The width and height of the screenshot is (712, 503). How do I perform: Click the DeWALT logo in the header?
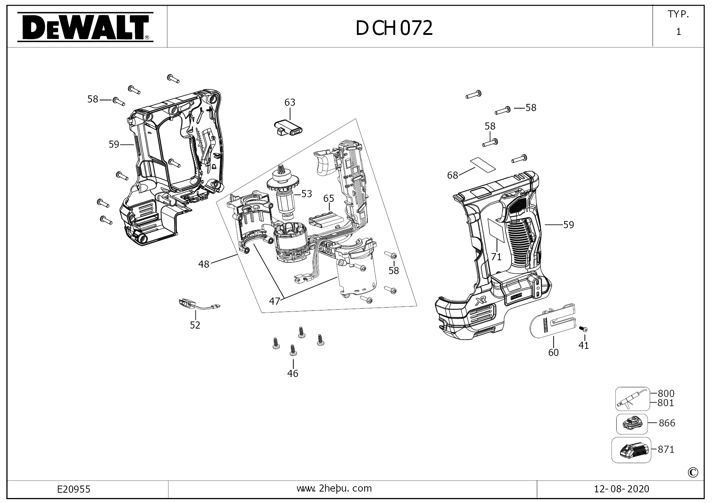[x=85, y=27]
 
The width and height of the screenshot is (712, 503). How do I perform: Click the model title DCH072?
[x=394, y=28]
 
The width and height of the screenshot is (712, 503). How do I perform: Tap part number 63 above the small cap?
[x=290, y=103]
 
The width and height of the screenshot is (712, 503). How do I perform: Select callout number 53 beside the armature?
[x=307, y=194]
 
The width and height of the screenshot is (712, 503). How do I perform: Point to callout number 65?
[x=329, y=198]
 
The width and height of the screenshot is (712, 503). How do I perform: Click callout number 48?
[x=204, y=264]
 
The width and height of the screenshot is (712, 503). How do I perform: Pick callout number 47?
[x=274, y=302]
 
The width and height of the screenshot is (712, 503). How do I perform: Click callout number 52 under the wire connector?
[x=195, y=325]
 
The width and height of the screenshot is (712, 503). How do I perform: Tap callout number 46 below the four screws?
[x=293, y=373]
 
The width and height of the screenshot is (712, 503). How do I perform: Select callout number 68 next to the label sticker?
[x=452, y=175]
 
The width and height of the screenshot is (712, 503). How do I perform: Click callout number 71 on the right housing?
[x=496, y=257]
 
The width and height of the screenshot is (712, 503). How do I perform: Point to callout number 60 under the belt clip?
[x=554, y=352]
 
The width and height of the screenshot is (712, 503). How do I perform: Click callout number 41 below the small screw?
[x=583, y=345]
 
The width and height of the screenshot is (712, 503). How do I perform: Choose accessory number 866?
[x=667, y=423]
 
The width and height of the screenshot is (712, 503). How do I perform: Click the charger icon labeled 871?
[x=631, y=450]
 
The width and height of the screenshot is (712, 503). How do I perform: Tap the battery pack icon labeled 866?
[x=632, y=424]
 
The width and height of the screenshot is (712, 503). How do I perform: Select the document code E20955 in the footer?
[x=74, y=489]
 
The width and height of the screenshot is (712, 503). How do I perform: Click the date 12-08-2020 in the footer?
[x=622, y=489]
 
